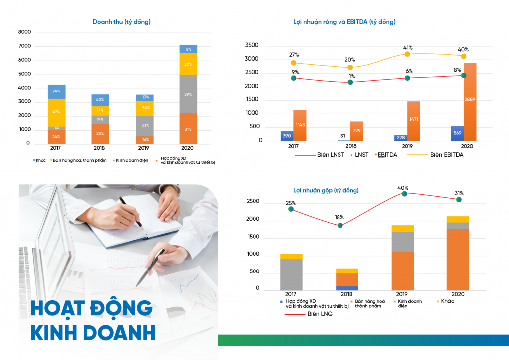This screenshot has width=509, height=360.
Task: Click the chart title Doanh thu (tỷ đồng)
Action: pyautogui.click(x=122, y=22)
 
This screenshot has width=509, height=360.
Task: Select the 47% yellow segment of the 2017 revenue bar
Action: pyautogui.click(x=57, y=113)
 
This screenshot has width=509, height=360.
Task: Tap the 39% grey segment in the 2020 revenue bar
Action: pyautogui.click(x=188, y=94)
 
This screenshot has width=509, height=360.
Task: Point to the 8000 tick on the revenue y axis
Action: pyautogui.click(x=24, y=32)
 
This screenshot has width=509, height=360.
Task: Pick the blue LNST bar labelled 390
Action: pyautogui.click(x=287, y=136)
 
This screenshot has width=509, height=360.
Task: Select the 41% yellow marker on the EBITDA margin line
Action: pyautogui.click(x=407, y=54)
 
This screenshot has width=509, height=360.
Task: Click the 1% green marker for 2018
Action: pyautogui.click(x=350, y=82)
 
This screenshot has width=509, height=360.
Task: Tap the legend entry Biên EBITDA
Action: pyautogui.click(x=446, y=155)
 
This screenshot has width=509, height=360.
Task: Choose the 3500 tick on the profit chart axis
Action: pyautogui.click(x=252, y=46)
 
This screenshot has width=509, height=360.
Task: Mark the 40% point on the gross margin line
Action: pyautogui.click(x=404, y=194)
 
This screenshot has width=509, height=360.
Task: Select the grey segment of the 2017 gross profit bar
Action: pyautogui.click(x=291, y=274)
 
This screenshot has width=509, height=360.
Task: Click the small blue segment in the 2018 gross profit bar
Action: pyautogui.click(x=346, y=288)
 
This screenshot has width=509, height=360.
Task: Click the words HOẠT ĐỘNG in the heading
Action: pyautogui.click(x=91, y=308)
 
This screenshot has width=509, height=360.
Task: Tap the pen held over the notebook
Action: pyautogui.click(x=130, y=212)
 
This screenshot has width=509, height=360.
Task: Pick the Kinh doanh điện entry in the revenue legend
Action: pyautogui.click(x=131, y=160)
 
